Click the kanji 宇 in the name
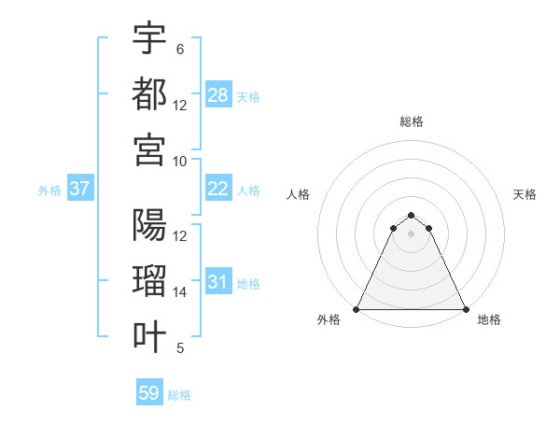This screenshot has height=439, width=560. point(149,38)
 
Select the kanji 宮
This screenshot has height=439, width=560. point(149,149)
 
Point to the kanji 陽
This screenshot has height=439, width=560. point(149,225)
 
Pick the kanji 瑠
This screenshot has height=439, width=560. point(149,281)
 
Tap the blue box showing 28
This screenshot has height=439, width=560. point(218,95)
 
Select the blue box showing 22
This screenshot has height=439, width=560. point(218,189)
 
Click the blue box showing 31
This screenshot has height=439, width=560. point(218,282)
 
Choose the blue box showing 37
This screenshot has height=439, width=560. point(80,189)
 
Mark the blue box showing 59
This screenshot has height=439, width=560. point(149,393)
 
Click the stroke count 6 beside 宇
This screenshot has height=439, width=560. point(179,50)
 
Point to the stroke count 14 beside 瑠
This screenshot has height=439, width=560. point(180,292)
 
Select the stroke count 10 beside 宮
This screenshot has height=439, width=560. point(180,161)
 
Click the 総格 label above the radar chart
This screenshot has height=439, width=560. point(412,121)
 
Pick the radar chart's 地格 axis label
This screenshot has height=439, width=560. point(489,319)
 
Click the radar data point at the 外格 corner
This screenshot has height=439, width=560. point(357,309)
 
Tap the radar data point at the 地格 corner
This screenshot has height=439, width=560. point(466,309)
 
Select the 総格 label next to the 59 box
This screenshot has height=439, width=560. point(179,395)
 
